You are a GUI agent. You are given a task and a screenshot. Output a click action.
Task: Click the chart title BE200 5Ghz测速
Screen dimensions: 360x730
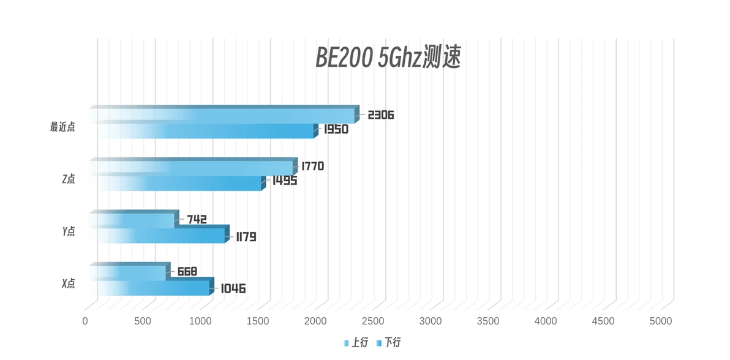tap(387, 58)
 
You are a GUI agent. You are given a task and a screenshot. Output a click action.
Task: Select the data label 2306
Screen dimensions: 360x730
tap(380, 114)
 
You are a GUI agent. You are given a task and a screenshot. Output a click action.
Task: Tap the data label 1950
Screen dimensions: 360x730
tap(334, 129)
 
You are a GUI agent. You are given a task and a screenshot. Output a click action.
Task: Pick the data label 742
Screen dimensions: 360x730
tap(197, 219)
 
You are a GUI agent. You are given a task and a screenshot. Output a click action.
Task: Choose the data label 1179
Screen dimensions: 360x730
tap(246, 236)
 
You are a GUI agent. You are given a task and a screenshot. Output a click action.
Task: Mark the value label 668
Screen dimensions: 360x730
tap(187, 271)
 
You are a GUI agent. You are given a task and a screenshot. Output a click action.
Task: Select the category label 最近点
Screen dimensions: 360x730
tap(62, 127)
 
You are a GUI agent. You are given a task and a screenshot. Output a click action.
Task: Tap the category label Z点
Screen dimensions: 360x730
tap(68, 179)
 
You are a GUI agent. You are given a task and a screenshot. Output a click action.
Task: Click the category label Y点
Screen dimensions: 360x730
tap(68, 231)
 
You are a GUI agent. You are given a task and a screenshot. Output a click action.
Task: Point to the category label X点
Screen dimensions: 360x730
tap(68, 283)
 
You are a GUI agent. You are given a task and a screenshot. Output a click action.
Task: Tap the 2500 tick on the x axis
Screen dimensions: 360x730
tap(373, 321)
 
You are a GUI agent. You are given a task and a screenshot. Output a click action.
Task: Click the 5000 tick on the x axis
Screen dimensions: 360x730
tap(661, 321)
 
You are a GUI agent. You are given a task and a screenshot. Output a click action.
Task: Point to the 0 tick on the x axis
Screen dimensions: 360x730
tap(85, 321)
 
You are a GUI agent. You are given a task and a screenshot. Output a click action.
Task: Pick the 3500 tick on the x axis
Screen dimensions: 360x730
tap(488, 321)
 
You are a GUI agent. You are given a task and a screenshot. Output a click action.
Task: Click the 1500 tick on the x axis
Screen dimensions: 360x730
tap(258, 321)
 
